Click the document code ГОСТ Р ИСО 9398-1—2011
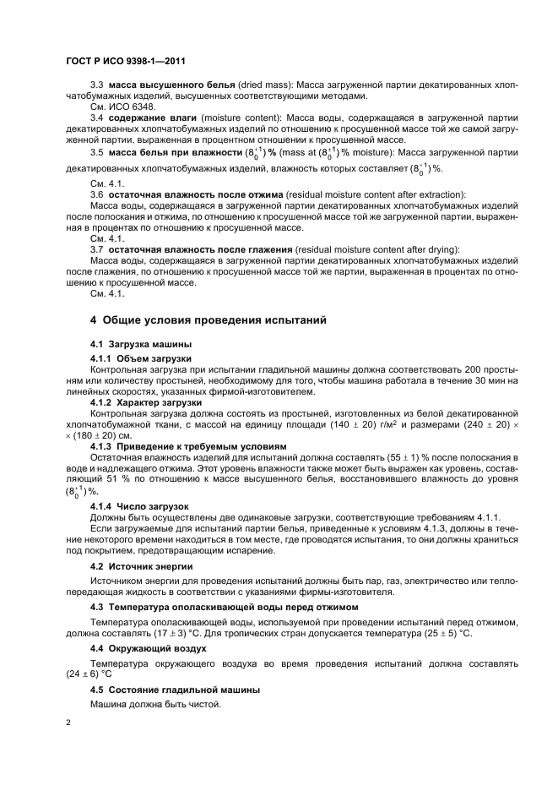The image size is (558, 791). click(x=126, y=62)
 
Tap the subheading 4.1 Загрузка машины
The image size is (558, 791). click(x=141, y=346)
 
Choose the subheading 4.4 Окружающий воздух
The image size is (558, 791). click(x=149, y=647)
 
